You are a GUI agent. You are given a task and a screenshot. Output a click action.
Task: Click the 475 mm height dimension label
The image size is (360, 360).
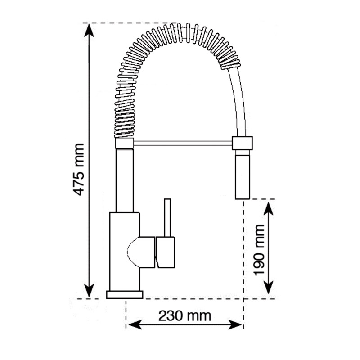79,169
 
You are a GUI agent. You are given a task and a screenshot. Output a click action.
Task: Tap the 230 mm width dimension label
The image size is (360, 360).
184,315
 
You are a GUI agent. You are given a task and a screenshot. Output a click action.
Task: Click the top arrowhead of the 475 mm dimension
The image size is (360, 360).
90,28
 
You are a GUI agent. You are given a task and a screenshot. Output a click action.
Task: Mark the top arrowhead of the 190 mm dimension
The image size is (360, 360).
269,207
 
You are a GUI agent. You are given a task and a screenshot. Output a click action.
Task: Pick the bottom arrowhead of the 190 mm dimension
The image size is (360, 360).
269,288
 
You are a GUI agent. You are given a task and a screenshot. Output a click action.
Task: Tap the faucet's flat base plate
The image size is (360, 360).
125,295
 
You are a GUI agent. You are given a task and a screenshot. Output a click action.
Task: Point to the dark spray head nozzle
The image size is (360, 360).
242,175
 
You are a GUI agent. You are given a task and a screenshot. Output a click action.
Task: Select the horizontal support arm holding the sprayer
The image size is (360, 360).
183,143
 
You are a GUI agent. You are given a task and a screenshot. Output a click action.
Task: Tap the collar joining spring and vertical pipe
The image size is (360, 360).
125,144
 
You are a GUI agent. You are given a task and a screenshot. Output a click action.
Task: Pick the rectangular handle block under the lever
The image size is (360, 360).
166,252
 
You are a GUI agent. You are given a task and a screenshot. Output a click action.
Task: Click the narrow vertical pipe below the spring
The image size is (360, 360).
125,180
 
